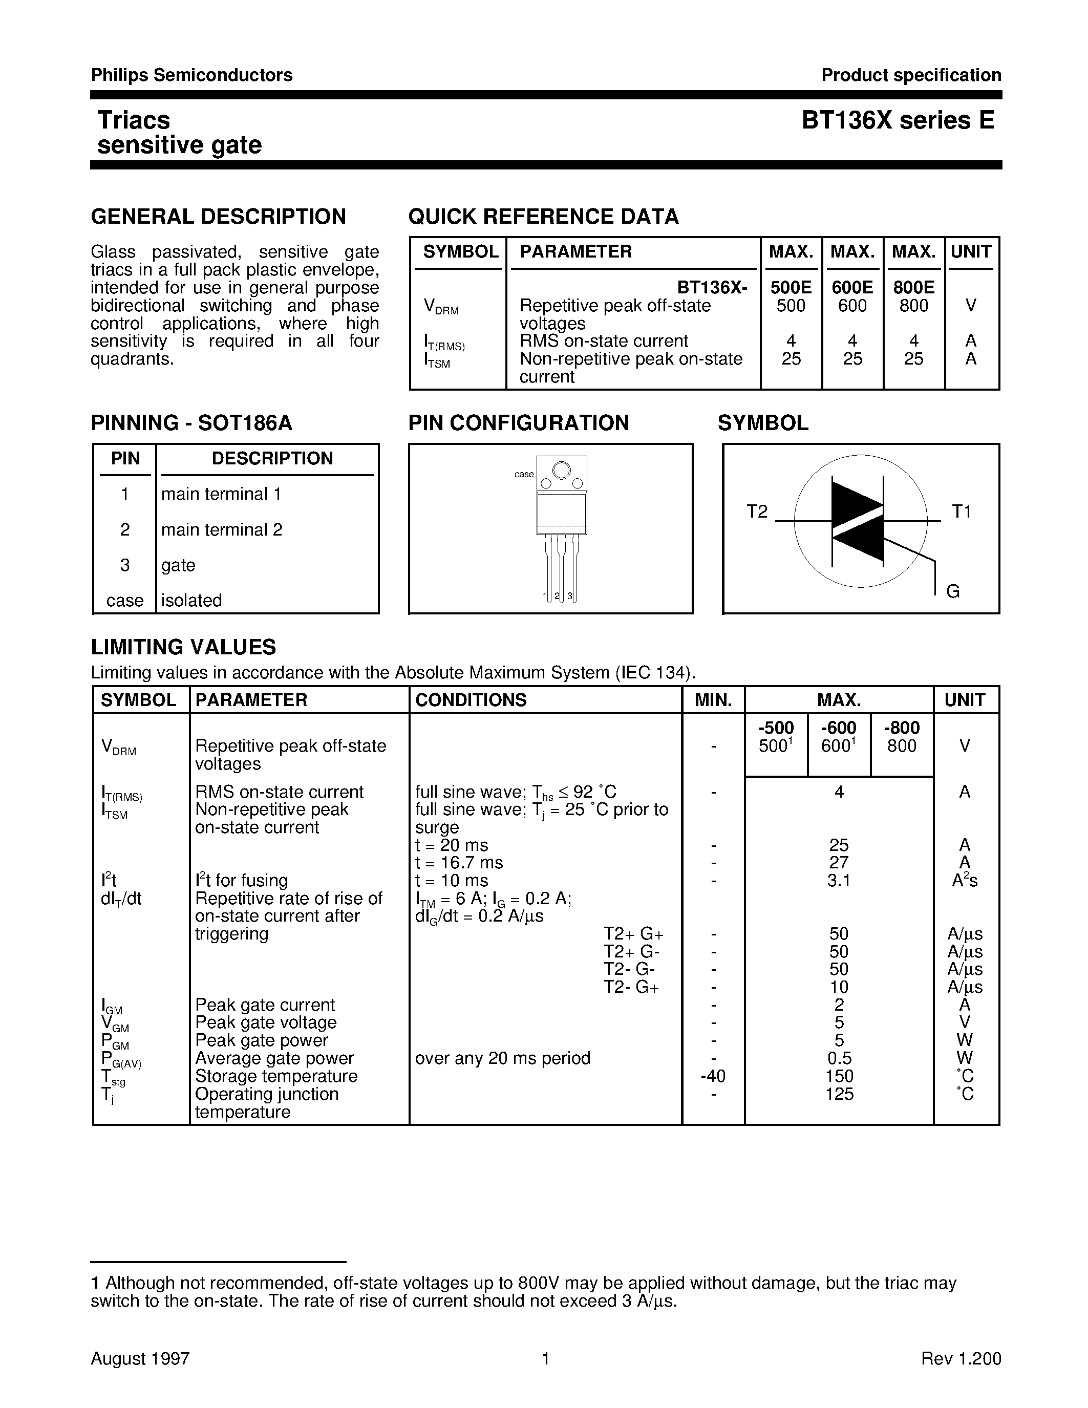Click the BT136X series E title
pos(898,120)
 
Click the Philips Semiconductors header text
pos(191,75)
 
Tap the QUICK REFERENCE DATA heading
pos(543,217)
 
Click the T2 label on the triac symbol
pos(757,512)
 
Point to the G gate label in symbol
pos(953,591)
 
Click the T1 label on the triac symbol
pos(961,512)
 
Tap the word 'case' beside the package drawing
pos(523,475)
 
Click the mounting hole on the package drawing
pos(561,471)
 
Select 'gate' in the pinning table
pos(178,565)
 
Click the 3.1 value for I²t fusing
pos(839,881)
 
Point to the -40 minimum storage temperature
pos(712,1077)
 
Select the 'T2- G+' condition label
pos(631,988)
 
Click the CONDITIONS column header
pos(471,700)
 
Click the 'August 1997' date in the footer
pos(140,1359)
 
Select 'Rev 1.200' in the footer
pos(961,1359)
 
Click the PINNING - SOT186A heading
pos(191,423)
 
